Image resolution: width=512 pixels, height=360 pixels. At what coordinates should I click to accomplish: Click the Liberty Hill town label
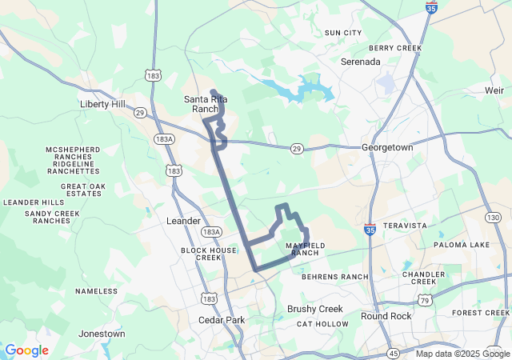coord(105,105)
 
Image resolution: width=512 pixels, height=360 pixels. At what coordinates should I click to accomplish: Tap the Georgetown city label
coord(386,148)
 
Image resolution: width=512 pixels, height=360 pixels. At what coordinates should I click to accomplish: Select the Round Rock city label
coord(386,316)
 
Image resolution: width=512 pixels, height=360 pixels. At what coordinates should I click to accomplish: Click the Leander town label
coord(182,220)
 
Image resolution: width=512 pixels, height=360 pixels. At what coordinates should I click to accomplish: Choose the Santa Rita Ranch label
coord(201,104)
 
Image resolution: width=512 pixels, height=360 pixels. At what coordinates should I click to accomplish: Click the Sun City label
coord(342,33)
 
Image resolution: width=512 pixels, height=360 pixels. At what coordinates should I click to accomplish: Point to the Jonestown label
coord(102,334)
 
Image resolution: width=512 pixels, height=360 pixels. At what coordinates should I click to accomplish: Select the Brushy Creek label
coord(314,309)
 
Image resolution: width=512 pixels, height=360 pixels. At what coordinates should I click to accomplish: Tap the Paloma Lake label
coord(462,245)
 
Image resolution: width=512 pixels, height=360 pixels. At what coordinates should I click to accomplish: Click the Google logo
coord(26,350)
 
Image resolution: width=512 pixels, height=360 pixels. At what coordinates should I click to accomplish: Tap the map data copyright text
coord(462,354)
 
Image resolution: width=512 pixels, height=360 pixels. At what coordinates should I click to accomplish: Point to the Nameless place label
coord(97,291)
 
